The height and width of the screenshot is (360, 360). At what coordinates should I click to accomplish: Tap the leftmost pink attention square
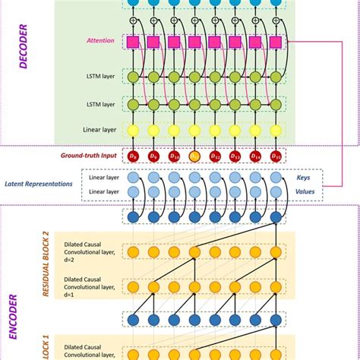133,43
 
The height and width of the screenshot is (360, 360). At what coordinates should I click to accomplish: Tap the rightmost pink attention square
276,43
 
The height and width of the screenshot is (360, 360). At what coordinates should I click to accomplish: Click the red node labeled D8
133,156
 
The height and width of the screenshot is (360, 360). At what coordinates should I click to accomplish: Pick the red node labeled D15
276,156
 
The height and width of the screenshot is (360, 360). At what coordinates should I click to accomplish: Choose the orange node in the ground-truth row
194,156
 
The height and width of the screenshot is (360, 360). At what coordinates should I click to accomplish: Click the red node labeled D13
235,156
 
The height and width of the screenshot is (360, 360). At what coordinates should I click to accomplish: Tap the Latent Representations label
38,183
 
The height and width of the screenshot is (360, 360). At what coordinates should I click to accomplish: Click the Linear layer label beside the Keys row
104,178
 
